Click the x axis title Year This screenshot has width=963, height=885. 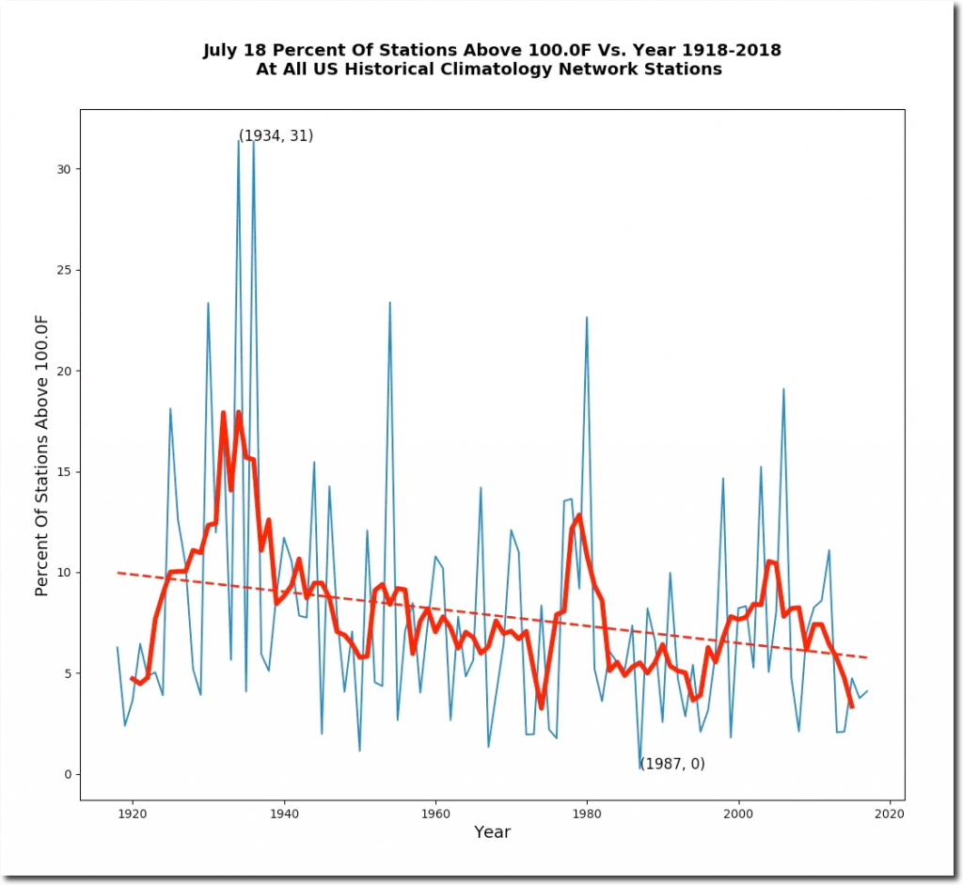(x=492, y=832)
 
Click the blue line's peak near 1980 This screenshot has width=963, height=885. (x=587, y=317)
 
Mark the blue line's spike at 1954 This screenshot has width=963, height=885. (x=390, y=302)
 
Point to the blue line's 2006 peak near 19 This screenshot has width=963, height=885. (x=783, y=388)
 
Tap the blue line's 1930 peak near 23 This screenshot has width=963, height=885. (x=208, y=302)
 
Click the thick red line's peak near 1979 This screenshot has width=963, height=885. (x=579, y=514)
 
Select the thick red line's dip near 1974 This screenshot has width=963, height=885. (x=541, y=707)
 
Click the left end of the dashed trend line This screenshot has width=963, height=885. (x=118, y=572)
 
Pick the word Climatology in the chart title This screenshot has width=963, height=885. (x=523, y=70)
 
